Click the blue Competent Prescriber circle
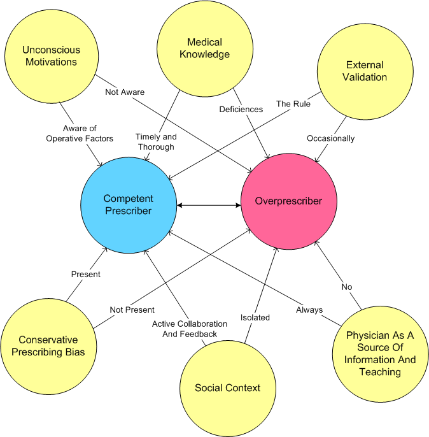point(129,205)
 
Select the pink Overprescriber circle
point(289,201)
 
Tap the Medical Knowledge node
point(205,48)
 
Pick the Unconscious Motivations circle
point(52,56)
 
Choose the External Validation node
point(365,71)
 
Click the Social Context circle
point(228,388)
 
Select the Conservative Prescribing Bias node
point(48,347)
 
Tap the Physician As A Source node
point(380,354)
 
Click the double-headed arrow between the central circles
point(209,205)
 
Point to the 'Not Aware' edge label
point(125,92)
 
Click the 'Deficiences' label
point(241,110)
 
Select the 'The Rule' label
point(293,104)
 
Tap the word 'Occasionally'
point(331,138)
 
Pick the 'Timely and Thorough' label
point(156,142)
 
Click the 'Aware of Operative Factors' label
point(80,134)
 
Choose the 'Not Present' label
point(132,310)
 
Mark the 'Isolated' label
point(255,317)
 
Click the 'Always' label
point(309,310)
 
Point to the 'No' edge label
point(347,287)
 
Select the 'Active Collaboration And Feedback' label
point(190,329)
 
